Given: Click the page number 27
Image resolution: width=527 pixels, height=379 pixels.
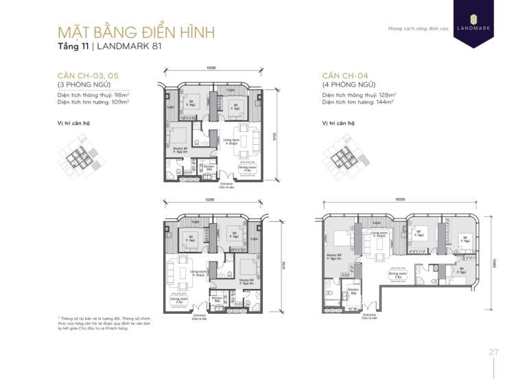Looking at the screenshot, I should [x=493, y=352].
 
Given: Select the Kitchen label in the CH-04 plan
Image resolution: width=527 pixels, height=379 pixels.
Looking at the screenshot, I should [x=353, y=290].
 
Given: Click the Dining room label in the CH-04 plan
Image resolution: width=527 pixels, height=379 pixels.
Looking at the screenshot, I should [x=399, y=273].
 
